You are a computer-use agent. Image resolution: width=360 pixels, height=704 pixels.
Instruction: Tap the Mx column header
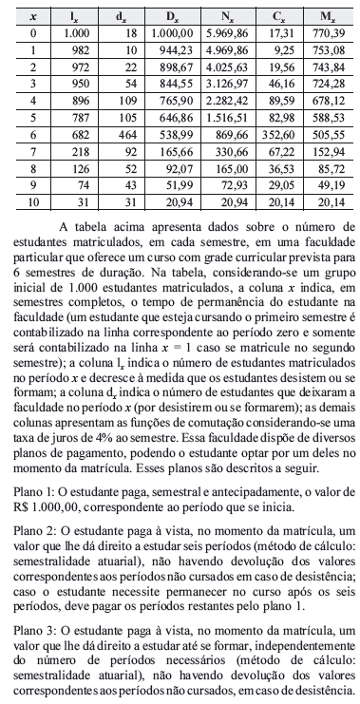point(329,17)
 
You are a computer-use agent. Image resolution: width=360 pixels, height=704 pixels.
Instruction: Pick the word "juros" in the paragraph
point(50,468)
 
